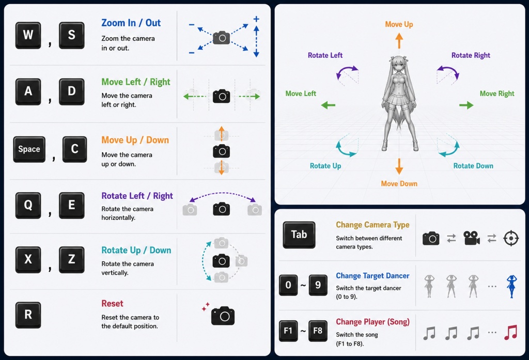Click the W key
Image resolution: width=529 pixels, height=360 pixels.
(x=28, y=35)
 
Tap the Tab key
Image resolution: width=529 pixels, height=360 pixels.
(x=299, y=235)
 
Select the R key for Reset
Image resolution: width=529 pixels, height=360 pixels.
(x=28, y=315)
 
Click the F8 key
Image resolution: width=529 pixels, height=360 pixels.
(x=318, y=331)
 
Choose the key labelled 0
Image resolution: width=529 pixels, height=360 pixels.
(x=288, y=285)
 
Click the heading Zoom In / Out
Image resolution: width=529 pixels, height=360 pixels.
(x=131, y=23)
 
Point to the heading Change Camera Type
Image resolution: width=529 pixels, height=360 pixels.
(x=372, y=225)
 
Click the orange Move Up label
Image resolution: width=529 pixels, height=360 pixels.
(x=399, y=24)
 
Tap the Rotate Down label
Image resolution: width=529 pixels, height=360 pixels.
(x=473, y=166)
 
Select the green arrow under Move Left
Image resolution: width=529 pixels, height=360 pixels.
(x=328, y=105)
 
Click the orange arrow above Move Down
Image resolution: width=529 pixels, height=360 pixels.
(x=399, y=166)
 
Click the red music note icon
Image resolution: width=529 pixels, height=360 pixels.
(x=510, y=332)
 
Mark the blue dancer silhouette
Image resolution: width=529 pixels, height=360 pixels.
(x=511, y=287)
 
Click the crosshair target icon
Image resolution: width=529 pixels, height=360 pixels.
(x=511, y=239)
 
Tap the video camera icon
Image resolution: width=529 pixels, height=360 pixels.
(x=472, y=238)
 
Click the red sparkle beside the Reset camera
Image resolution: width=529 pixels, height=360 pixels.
(x=205, y=307)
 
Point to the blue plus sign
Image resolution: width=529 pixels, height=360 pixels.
(x=256, y=19)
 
